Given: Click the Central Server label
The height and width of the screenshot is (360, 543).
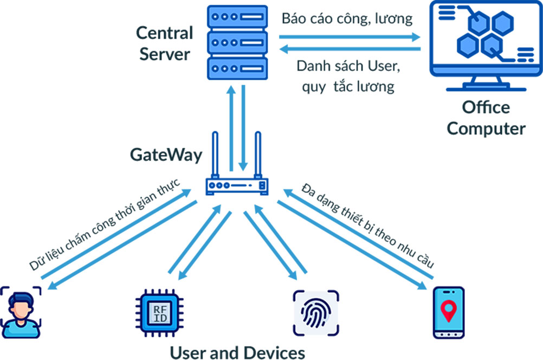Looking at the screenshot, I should (165, 43).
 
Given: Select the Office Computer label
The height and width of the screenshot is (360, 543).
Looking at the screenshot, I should (486, 118).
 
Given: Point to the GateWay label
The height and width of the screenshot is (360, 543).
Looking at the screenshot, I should (166, 155).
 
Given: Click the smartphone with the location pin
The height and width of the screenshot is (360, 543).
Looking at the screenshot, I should (449, 313).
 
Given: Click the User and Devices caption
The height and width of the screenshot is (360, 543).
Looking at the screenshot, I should (237, 351).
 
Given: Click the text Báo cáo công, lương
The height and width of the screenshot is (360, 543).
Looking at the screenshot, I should (347, 19).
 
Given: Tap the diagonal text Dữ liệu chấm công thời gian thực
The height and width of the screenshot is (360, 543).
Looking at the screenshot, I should (105, 223).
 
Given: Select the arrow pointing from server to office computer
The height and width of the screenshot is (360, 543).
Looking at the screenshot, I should (350, 37).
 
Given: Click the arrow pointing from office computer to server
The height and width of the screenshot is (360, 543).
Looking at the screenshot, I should (350, 49).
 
